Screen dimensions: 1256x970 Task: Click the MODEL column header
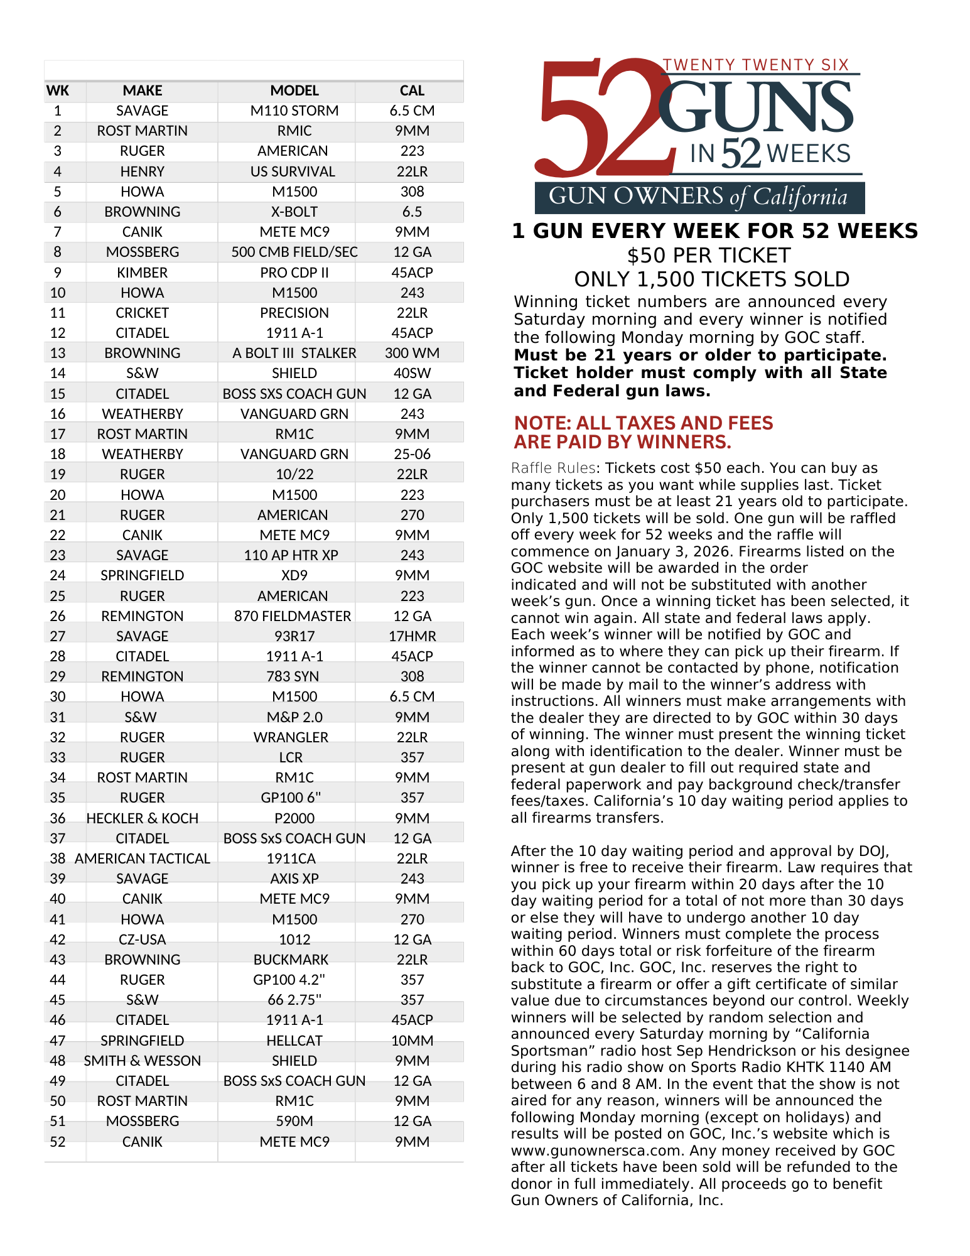tap(294, 90)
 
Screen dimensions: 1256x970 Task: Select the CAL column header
tap(412, 90)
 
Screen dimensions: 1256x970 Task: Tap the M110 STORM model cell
tap(294, 111)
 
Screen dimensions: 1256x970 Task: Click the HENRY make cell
tap(143, 171)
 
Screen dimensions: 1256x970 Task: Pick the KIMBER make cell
tap(143, 273)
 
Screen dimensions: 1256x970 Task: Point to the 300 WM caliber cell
tap(412, 353)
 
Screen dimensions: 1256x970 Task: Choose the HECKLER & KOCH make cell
tap(143, 818)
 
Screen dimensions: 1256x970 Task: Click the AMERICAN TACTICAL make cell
tap(143, 858)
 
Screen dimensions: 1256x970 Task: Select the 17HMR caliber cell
tap(412, 636)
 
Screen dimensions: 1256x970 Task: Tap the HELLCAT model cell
tap(294, 1041)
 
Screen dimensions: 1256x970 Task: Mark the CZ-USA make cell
tap(143, 939)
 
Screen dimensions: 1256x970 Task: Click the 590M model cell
tap(294, 1121)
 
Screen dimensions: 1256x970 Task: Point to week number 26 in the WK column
tap(58, 616)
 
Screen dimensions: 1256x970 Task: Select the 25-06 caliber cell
tap(412, 454)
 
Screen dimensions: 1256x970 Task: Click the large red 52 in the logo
tap(596, 119)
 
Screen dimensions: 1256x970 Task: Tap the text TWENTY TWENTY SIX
tap(756, 65)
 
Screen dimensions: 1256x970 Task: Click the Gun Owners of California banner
tap(699, 197)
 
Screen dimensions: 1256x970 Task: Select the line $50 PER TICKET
tap(709, 256)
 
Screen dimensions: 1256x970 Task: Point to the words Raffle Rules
tap(553, 468)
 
